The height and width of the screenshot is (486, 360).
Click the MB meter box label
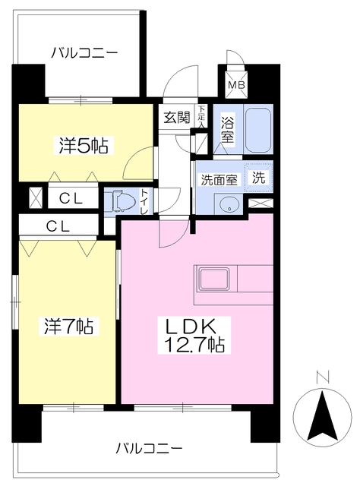[x=237, y=84]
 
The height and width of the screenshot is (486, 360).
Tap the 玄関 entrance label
[x=176, y=118]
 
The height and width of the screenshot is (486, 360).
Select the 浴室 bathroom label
[x=228, y=129]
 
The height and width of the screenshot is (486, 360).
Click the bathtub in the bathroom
[x=258, y=130]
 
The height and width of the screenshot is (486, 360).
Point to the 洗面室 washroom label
[x=219, y=179]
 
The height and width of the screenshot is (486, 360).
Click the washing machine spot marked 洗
[x=258, y=177]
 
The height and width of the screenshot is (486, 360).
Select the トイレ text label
[x=144, y=202]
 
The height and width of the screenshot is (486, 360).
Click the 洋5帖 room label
[x=84, y=145]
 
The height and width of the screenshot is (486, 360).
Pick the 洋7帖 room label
[x=68, y=326]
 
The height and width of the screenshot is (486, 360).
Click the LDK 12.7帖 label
[x=194, y=335]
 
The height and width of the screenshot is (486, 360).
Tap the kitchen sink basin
[x=213, y=279]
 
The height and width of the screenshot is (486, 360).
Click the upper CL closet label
[x=71, y=199]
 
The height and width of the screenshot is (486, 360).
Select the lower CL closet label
[x=58, y=226]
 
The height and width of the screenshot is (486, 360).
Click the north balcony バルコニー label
[x=84, y=52]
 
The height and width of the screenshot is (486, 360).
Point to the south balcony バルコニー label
[x=149, y=449]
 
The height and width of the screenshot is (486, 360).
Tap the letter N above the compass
[x=323, y=377]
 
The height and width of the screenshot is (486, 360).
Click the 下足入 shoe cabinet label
[x=202, y=117]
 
